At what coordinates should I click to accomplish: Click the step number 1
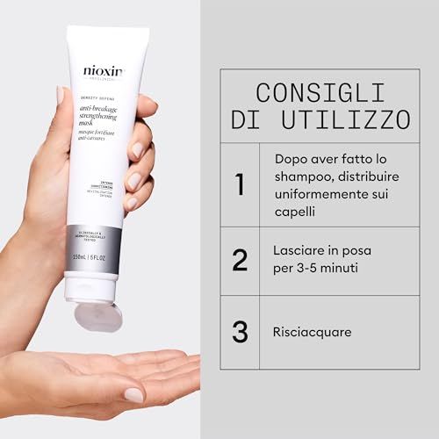point(238,185)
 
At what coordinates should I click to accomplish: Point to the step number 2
point(238,260)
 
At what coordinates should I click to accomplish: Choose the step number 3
point(238,332)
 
